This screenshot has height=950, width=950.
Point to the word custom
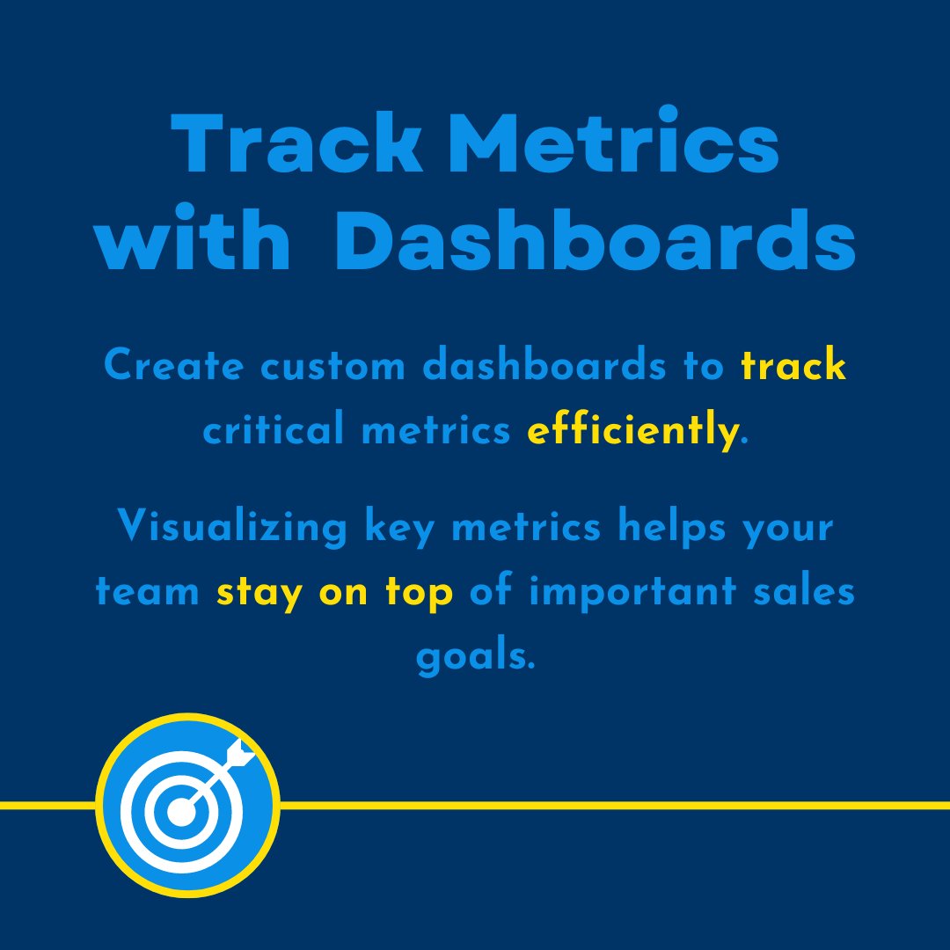pyautogui.click(x=325, y=366)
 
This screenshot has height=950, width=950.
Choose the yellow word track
pyautogui.click(x=793, y=366)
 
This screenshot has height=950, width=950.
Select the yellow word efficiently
pyautogui.click(x=632, y=431)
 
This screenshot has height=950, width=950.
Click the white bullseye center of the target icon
pyautogui.click(x=181, y=811)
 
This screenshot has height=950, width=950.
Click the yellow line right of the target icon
pyautogui.click(x=616, y=804)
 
